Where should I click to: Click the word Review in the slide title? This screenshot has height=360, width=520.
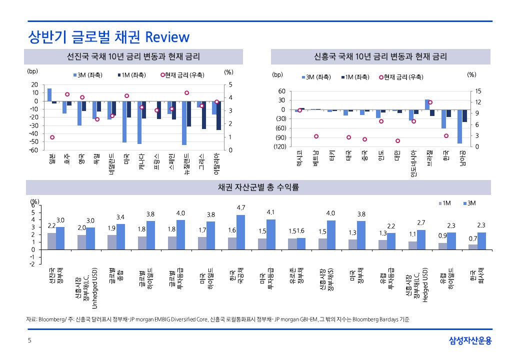pos(167,37)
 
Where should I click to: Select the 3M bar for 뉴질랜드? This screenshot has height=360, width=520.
pos(184,122)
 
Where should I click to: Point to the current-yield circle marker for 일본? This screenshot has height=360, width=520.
pos(52,137)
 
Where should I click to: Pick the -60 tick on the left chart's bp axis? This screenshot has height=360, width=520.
pos(35,150)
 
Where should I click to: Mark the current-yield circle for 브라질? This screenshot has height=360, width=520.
pos(430,102)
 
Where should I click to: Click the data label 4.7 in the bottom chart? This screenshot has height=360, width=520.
pos(240,207)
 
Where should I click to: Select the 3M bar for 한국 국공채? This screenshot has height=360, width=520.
pos(240,232)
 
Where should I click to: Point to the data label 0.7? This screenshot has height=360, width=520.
pos(472,239)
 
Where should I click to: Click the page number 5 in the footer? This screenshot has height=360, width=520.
pos(29,341)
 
